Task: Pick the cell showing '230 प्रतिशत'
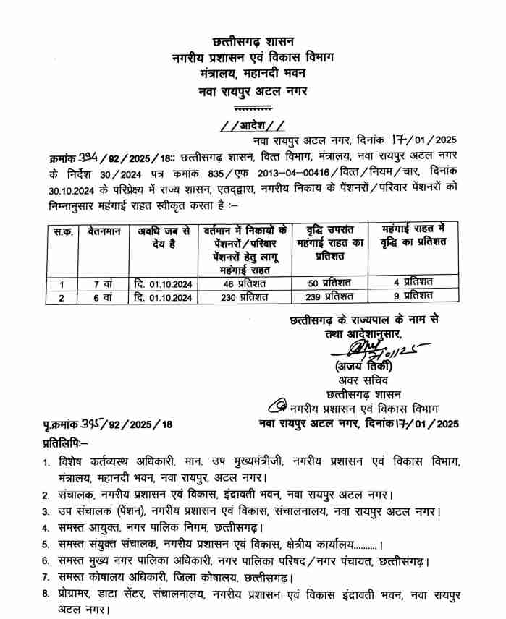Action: [243, 296]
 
